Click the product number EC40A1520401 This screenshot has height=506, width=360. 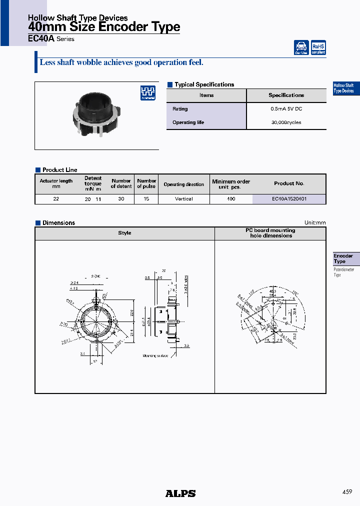(x=289, y=199)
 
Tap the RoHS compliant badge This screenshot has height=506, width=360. (x=318, y=47)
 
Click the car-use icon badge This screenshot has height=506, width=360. (x=301, y=47)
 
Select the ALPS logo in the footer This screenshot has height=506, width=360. (x=180, y=493)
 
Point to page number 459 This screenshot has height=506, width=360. (x=347, y=492)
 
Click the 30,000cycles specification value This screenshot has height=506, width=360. (x=286, y=122)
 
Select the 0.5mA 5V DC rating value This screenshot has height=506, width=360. (x=286, y=109)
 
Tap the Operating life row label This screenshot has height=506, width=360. (x=188, y=122)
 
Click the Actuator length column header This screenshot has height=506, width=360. (x=56, y=183)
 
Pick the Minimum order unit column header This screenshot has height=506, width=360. (x=230, y=184)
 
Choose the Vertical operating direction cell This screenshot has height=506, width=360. (x=184, y=199)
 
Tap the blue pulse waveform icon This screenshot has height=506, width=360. (x=147, y=92)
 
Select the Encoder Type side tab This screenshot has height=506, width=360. (x=343, y=258)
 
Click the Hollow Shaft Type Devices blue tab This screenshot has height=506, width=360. (x=344, y=88)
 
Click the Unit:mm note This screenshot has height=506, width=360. (x=315, y=223)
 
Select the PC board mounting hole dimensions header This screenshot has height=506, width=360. (x=270, y=233)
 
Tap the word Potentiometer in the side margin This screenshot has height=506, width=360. (x=343, y=270)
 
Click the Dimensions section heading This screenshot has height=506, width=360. (x=58, y=223)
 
